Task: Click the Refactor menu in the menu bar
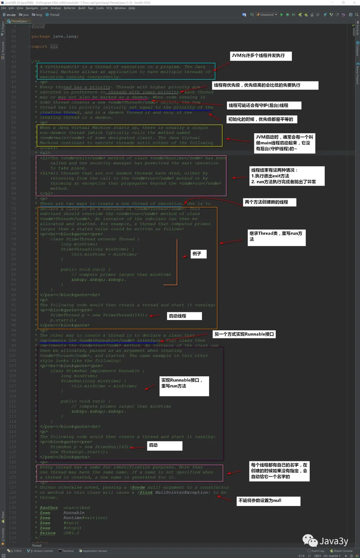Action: click(x=70, y=8)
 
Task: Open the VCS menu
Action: click(x=109, y=8)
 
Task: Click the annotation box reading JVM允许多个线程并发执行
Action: click(x=261, y=56)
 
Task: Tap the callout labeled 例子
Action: click(x=198, y=254)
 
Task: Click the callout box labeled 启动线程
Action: click(x=184, y=316)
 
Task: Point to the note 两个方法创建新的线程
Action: click(x=269, y=202)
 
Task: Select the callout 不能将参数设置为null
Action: click(x=268, y=501)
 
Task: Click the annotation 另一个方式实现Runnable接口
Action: click(x=244, y=334)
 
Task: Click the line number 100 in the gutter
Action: click(x=12, y=350)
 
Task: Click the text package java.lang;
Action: click(x=55, y=36)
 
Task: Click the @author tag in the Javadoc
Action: click(x=49, y=508)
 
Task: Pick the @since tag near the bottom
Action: click(x=47, y=533)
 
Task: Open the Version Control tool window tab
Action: click(x=40, y=551)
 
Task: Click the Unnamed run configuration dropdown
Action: click(x=267, y=15)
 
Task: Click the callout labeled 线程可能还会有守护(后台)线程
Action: click(x=264, y=105)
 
